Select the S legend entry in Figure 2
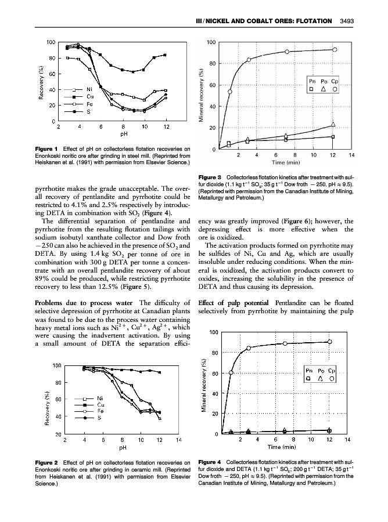pos(83,418)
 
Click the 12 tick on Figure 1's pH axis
pos(166,126)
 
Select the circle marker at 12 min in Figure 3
pos(335,49)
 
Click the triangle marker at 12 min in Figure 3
pos(333,124)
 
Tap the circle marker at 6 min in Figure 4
pos(285,343)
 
